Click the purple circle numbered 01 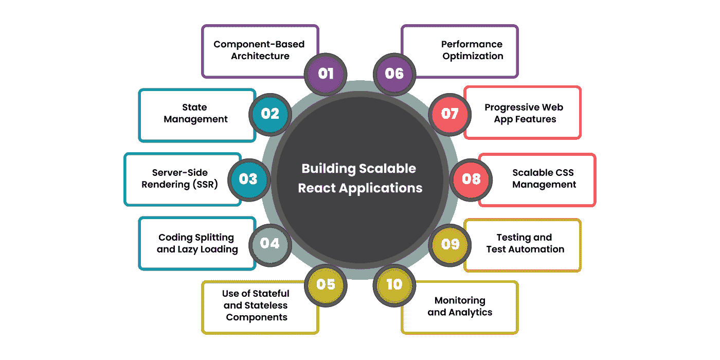click(x=326, y=74)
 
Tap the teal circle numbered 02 click(x=270, y=114)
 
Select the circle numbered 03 click(x=249, y=179)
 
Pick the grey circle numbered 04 click(x=270, y=245)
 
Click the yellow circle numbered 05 click(x=326, y=285)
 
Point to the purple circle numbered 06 click(x=394, y=74)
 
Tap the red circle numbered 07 click(x=449, y=114)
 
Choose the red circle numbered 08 click(x=471, y=179)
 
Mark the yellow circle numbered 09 click(x=449, y=245)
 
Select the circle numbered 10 click(x=394, y=285)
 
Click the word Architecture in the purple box click(x=260, y=56)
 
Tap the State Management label click(x=195, y=113)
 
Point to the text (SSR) click(x=205, y=185)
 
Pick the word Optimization click(x=473, y=56)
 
